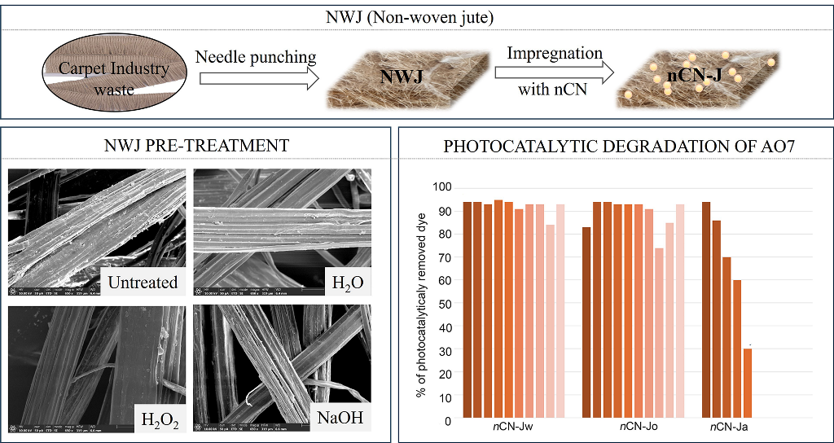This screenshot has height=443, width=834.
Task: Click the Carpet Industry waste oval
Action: click(x=113, y=77)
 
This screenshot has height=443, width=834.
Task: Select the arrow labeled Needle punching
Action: click(x=255, y=79)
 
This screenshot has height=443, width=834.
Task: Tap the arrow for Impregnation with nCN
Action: click(x=554, y=71)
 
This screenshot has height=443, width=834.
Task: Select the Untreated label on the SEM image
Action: click(x=143, y=283)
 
